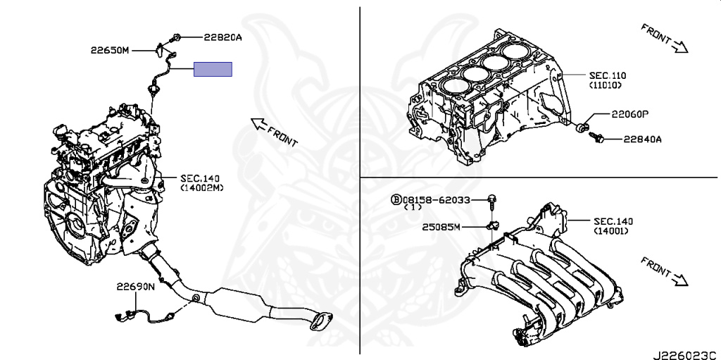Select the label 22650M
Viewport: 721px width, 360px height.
pos(110,50)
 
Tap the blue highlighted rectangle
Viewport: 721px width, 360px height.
pos(213,69)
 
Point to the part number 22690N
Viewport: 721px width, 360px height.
pos(136,287)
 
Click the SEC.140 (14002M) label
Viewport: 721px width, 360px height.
pos(202,184)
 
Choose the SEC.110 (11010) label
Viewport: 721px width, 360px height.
pos(608,80)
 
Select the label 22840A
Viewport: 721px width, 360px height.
pos(642,139)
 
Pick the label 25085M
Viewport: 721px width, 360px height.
pos(441,227)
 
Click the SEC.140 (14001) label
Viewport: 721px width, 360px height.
pos(610,225)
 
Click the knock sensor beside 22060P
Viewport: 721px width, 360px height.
pos(582,128)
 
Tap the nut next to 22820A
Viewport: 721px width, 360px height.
pos(176,37)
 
